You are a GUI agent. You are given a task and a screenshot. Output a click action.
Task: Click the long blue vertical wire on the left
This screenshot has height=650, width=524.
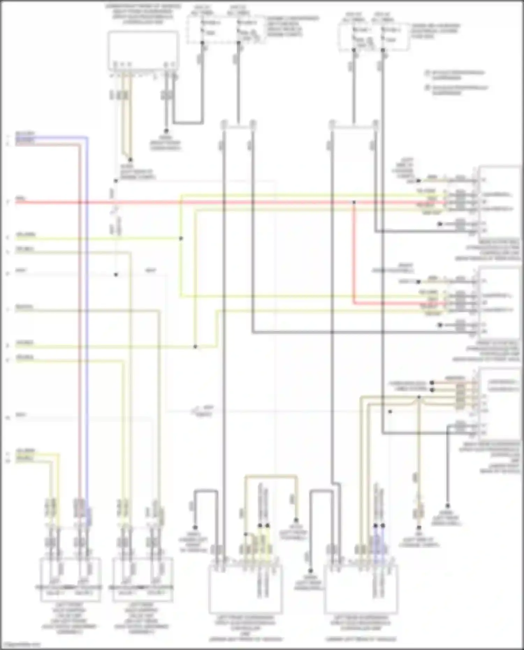tap(87, 314)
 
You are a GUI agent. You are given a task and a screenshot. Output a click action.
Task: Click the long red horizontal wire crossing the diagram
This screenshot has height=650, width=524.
tap(245, 202)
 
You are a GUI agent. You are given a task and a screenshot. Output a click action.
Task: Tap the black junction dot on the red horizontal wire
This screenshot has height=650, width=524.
tap(354, 202)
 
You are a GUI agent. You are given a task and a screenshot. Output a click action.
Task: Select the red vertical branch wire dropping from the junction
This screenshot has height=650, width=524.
tap(354, 251)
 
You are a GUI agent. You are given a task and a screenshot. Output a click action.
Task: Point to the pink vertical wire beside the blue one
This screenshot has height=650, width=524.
tap(80, 314)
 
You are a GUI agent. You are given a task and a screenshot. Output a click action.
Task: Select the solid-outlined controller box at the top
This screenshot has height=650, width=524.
tap(143, 51)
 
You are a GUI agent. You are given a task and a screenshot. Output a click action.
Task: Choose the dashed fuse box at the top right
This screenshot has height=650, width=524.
tap(373, 37)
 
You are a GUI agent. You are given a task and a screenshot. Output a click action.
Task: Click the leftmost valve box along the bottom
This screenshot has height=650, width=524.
tap(71, 580)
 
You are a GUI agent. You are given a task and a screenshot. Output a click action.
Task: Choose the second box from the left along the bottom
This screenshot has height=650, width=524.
tap(143, 580)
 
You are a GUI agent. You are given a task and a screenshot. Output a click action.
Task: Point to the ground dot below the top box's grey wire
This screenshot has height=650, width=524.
tap(166, 131)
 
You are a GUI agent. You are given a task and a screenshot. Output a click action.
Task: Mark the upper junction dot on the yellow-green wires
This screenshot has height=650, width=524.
tap(181, 239)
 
